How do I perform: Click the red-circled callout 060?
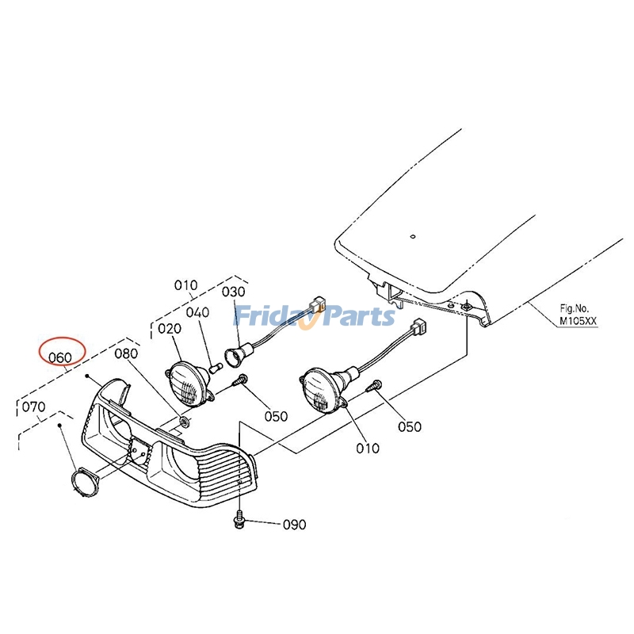pyautogui.click(x=60, y=357)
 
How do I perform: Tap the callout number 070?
pyautogui.click(x=33, y=407)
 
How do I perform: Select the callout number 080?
pyautogui.click(x=126, y=353)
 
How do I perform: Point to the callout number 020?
pyautogui.click(x=170, y=329)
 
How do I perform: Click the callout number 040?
pyautogui.click(x=197, y=312)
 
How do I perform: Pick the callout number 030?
pyautogui.click(x=234, y=292)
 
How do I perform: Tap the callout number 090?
pyautogui.click(x=294, y=525)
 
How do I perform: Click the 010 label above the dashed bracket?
pyautogui.click(x=186, y=285)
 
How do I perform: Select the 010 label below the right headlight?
pyautogui.click(x=368, y=448)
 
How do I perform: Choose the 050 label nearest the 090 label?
pyautogui.click(x=276, y=416)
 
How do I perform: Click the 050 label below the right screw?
pyautogui.click(x=410, y=426)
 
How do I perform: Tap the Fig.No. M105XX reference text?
pyautogui.click(x=578, y=315)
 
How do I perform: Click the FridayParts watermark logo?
pyautogui.click(x=315, y=315)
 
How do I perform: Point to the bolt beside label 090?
pyautogui.click(x=240, y=521)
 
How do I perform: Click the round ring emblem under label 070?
pyautogui.click(x=85, y=480)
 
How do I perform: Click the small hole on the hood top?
pyautogui.click(x=412, y=236)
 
